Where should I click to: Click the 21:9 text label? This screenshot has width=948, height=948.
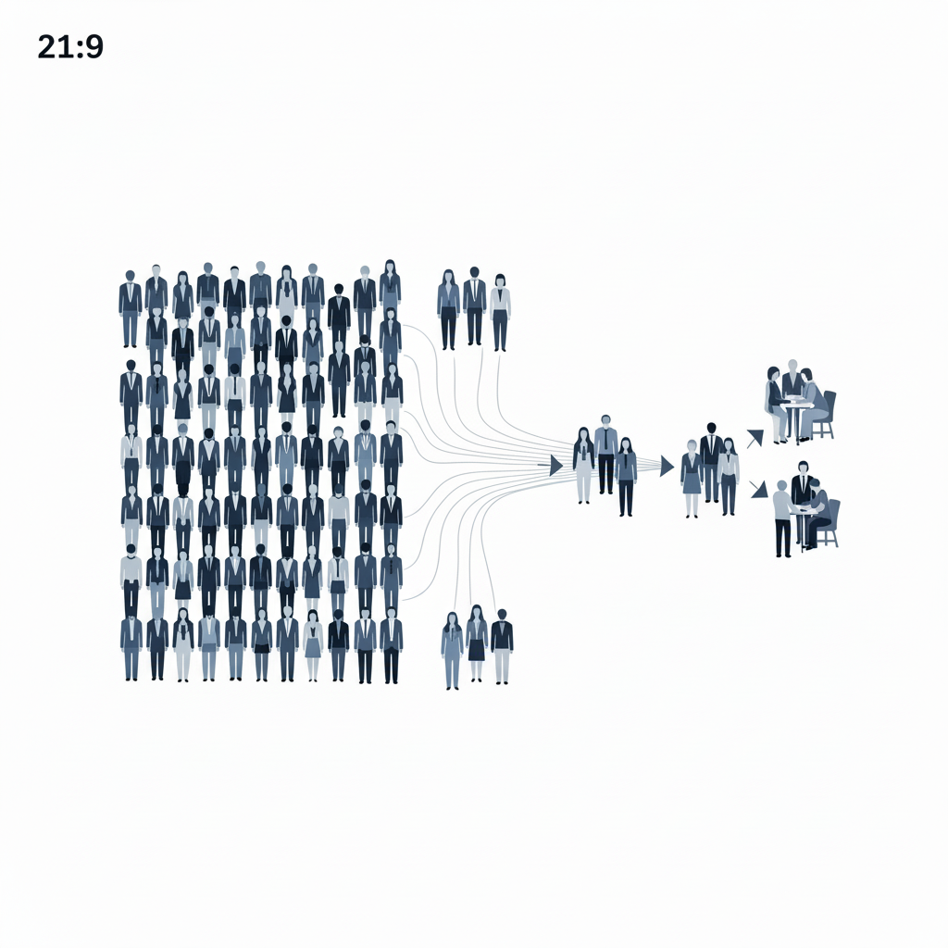(70, 46)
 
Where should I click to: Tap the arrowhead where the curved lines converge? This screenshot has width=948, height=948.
(555, 465)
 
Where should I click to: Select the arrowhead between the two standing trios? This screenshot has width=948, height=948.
(667, 467)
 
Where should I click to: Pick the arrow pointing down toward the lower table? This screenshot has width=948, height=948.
(759, 489)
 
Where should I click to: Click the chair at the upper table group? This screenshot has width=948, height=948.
(825, 415)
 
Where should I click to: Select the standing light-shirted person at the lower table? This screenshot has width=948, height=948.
(782, 518)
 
